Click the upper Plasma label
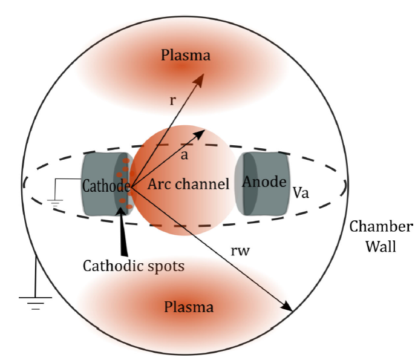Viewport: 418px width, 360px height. point(186,56)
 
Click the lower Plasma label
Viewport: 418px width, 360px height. point(189,307)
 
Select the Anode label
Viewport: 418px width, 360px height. point(264,182)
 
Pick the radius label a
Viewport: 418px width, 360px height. point(185,156)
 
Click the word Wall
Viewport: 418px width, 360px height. point(381,247)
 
